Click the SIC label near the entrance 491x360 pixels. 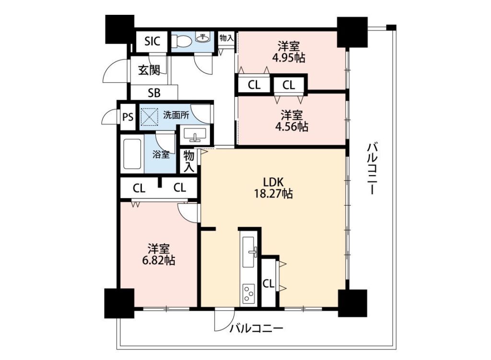coord(152,41)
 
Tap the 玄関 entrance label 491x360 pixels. coord(150,70)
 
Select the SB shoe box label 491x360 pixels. coord(154,93)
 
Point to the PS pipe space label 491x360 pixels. coord(128,117)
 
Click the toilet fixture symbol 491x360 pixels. coord(182,41)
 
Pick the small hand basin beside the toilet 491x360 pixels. coord(203,37)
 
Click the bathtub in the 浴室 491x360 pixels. coord(132,154)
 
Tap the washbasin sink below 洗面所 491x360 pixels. coord(195,134)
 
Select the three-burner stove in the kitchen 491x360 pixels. coord(249,293)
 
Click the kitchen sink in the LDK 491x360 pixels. coord(249,252)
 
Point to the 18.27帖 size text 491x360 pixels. coord(273,194)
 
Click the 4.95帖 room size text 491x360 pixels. coord(288,58)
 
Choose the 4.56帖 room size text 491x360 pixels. coord(291,127)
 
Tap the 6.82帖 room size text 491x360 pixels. coord(159,260)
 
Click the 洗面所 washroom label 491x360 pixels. coord(176,115)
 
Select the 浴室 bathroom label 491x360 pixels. coord(161,154)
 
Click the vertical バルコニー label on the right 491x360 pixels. coord(372,168)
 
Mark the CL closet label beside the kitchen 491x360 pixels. coord(269,284)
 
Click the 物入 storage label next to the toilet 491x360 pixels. coord(226,38)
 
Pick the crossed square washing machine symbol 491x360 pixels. coord(150,116)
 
